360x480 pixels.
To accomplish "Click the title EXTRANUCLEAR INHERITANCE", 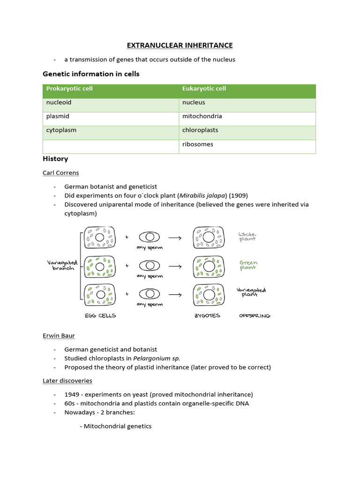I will pyautogui.click(x=180, y=45).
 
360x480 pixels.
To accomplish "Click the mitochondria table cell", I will pyautogui.click(x=202, y=116).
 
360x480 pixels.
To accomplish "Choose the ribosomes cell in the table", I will pyautogui.click(x=197, y=144).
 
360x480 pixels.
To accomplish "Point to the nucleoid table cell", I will pyautogui.click(x=59, y=102).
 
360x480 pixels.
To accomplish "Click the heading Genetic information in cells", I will pyautogui.click(x=91, y=74).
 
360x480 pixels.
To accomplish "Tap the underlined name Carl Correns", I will pyautogui.click(x=61, y=172).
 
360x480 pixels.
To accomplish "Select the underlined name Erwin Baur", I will pyautogui.click(x=59, y=336).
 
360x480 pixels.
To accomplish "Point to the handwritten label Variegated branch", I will pyautogui.click(x=62, y=266).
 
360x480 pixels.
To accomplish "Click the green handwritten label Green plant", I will pyautogui.click(x=248, y=265).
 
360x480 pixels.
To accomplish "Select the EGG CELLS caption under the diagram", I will pyautogui.click(x=100, y=316).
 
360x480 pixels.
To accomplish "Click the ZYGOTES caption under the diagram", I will pyautogui.click(x=207, y=316).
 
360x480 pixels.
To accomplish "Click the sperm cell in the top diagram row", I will pyautogui.click(x=150, y=237).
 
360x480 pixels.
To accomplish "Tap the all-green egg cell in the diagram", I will pyautogui.click(x=99, y=266).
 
